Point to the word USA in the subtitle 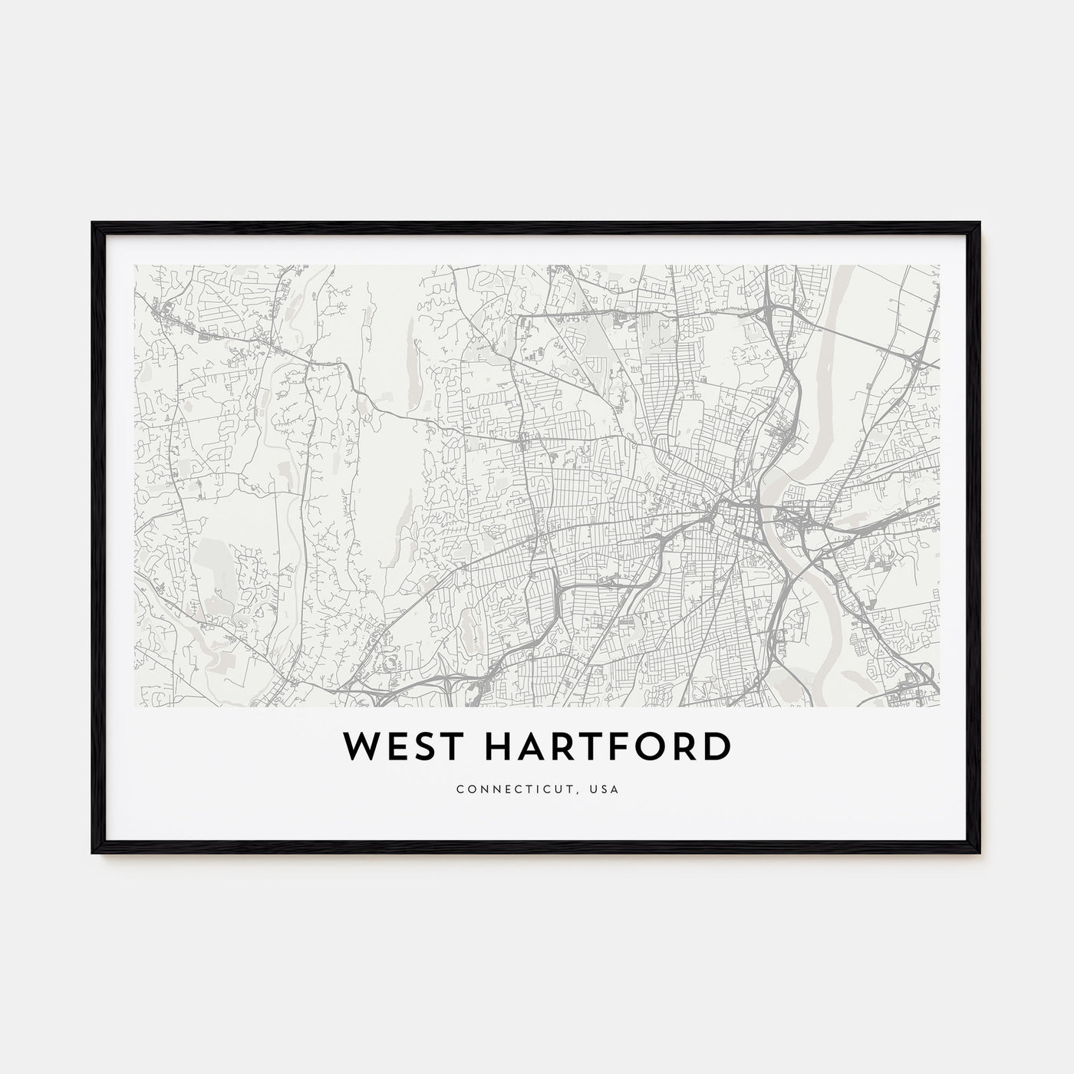608,789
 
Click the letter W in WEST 358,747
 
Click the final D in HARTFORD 716,747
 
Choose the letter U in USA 595,789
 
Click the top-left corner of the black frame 93,223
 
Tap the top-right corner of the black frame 980,223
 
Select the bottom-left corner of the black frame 93,854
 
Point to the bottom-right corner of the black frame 980,854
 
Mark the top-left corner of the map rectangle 135,266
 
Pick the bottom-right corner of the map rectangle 939,684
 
